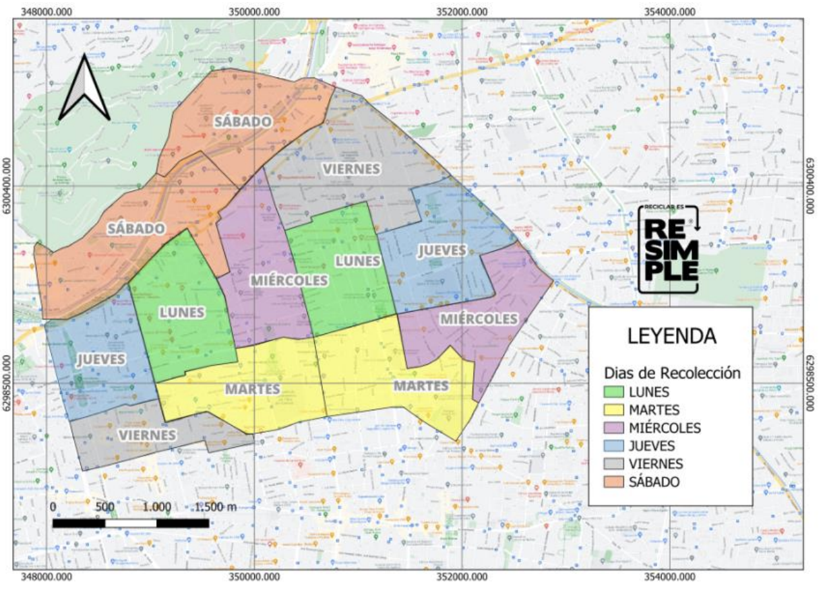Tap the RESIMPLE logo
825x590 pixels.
[670, 250]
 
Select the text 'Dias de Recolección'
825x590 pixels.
[672, 372]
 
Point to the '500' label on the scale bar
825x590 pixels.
[104, 506]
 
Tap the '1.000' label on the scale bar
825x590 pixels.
[156, 506]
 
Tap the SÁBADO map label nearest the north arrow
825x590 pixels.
[243, 122]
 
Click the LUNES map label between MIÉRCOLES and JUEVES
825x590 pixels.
[358, 261]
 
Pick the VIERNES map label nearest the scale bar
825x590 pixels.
[147, 435]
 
